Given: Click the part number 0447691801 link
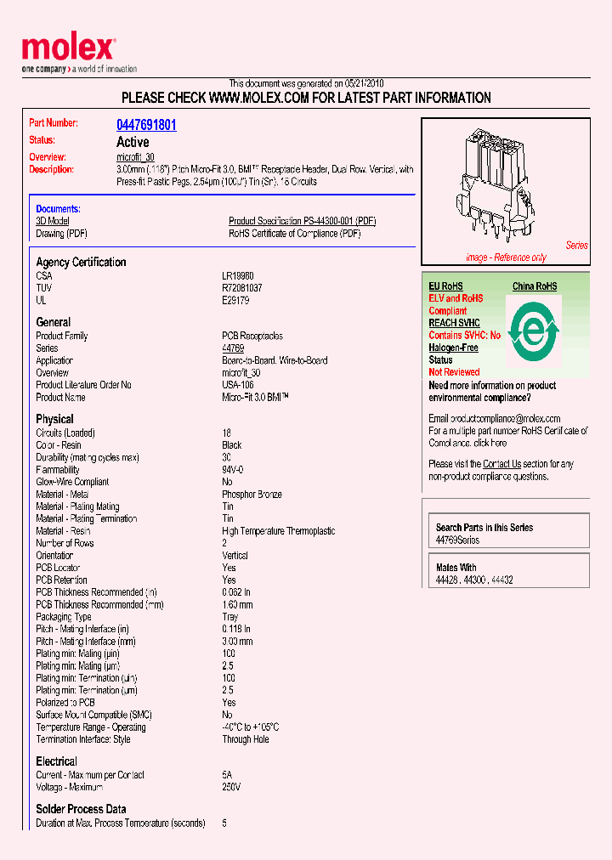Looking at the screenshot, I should [x=146, y=125].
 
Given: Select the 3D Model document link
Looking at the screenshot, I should [x=52, y=221].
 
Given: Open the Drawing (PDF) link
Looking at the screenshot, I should [x=61, y=233].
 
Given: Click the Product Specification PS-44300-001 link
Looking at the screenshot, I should [x=302, y=221].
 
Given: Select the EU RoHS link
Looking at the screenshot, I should [x=445, y=286].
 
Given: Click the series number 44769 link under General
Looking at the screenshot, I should [x=233, y=348].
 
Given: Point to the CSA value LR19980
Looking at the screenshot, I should [x=238, y=276].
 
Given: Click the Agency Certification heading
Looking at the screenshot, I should [x=81, y=263].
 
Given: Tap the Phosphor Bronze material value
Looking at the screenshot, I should [x=252, y=494].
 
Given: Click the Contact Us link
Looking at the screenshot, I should [x=501, y=464].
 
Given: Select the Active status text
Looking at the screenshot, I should [x=132, y=142].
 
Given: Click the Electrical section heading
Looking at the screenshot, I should [x=56, y=761].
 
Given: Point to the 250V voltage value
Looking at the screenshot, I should [x=231, y=787].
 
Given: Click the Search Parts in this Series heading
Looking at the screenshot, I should [x=484, y=528].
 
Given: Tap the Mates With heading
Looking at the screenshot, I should [x=456, y=568].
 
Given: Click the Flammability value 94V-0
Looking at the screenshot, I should [x=234, y=470].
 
